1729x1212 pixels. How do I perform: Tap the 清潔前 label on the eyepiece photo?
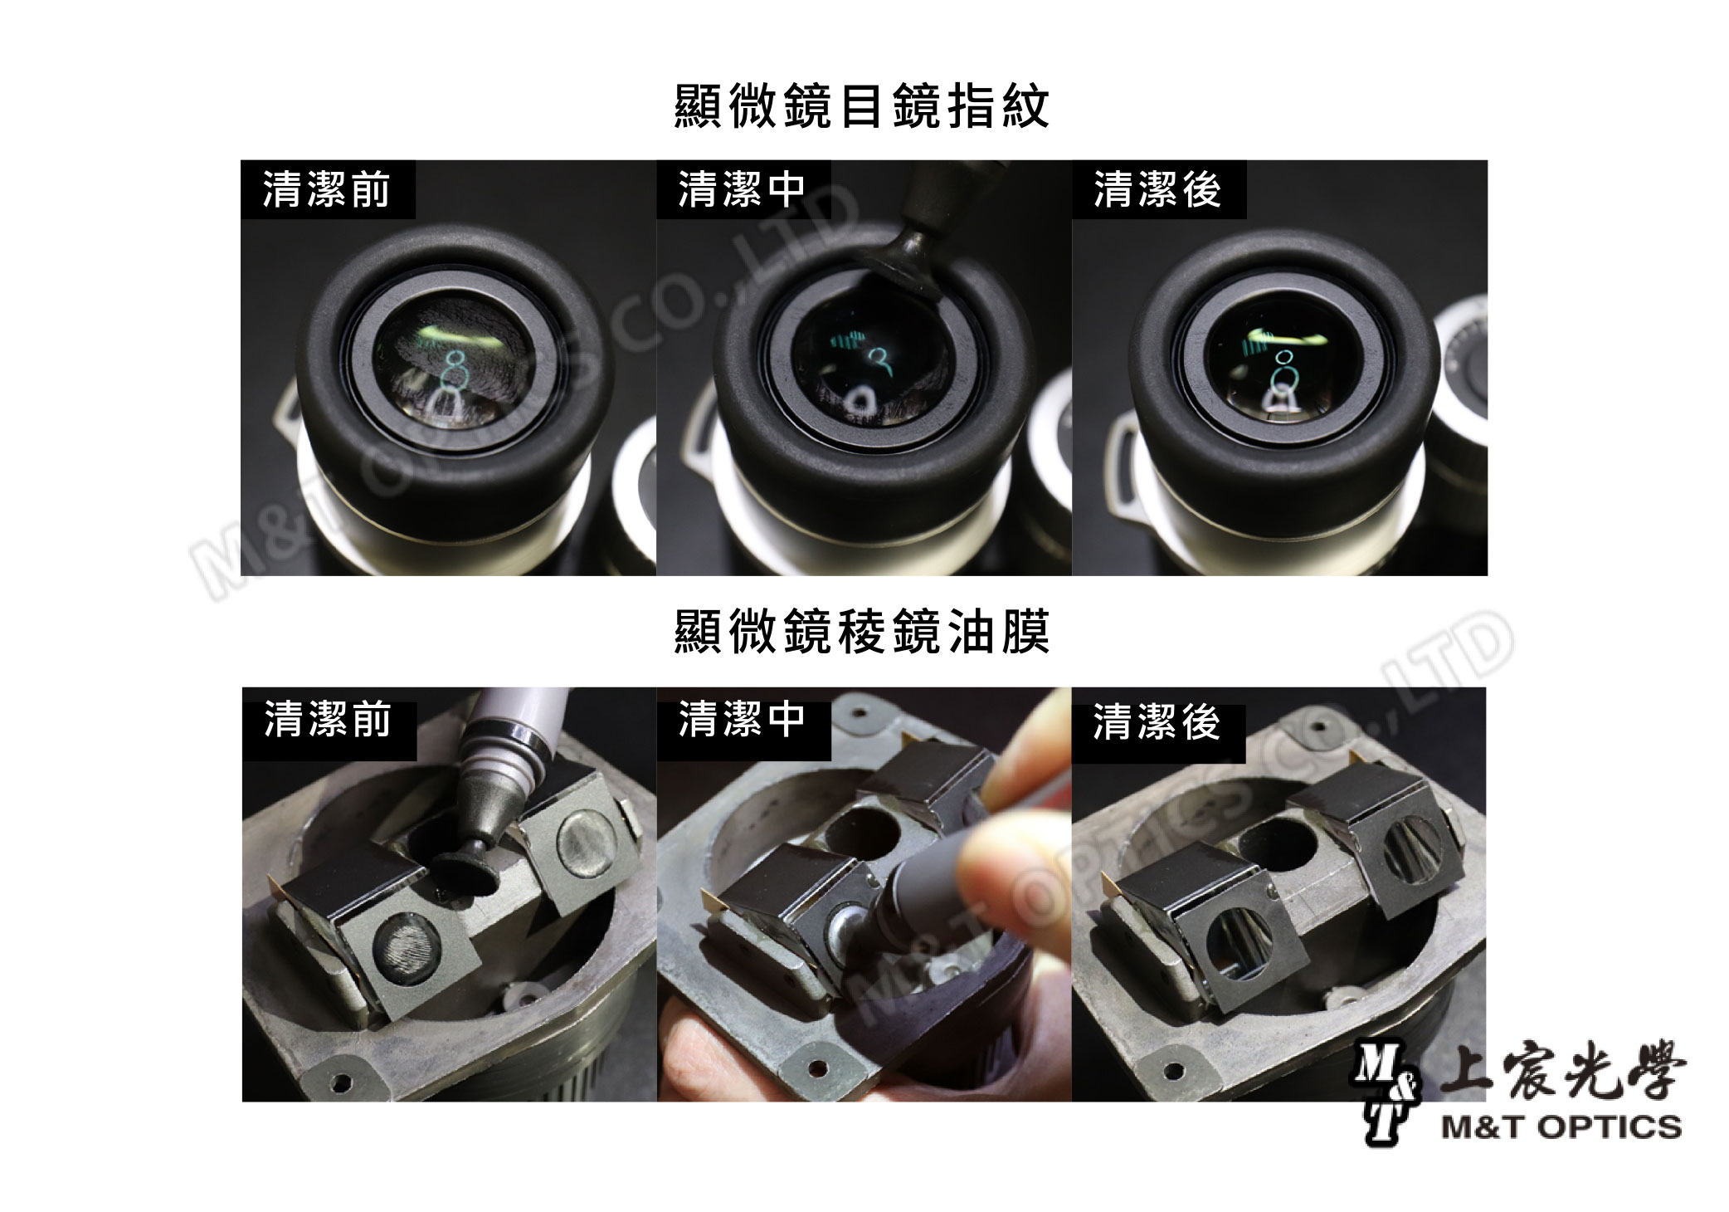pyautogui.click(x=327, y=189)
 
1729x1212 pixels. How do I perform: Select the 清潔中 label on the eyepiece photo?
pyautogui.click(x=742, y=189)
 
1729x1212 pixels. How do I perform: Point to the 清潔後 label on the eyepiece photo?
pyautogui.click(x=1157, y=189)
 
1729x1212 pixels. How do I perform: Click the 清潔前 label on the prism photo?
pyautogui.click(x=328, y=719)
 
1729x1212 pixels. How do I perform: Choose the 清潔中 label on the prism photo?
pyautogui.click(x=742, y=719)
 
